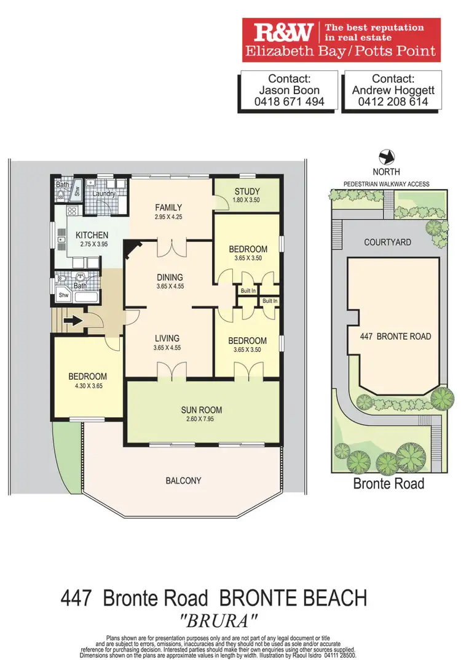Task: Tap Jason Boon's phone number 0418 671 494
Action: coord(289,102)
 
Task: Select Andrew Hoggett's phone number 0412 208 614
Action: coord(393,102)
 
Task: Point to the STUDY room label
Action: coord(247,191)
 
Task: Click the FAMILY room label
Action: coord(168,207)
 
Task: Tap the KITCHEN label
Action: coord(92,235)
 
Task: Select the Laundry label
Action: coord(104,194)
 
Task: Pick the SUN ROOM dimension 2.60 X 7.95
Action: coord(201,420)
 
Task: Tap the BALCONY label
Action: coord(183,481)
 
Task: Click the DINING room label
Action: coord(169,278)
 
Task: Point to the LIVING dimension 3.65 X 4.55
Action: coord(167,348)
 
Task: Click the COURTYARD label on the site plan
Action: coord(387,242)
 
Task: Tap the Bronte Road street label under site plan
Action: coord(388,483)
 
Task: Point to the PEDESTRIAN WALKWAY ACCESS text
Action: coord(386,184)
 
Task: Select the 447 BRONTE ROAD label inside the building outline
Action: coord(395,337)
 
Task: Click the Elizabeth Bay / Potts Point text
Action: coord(341,51)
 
